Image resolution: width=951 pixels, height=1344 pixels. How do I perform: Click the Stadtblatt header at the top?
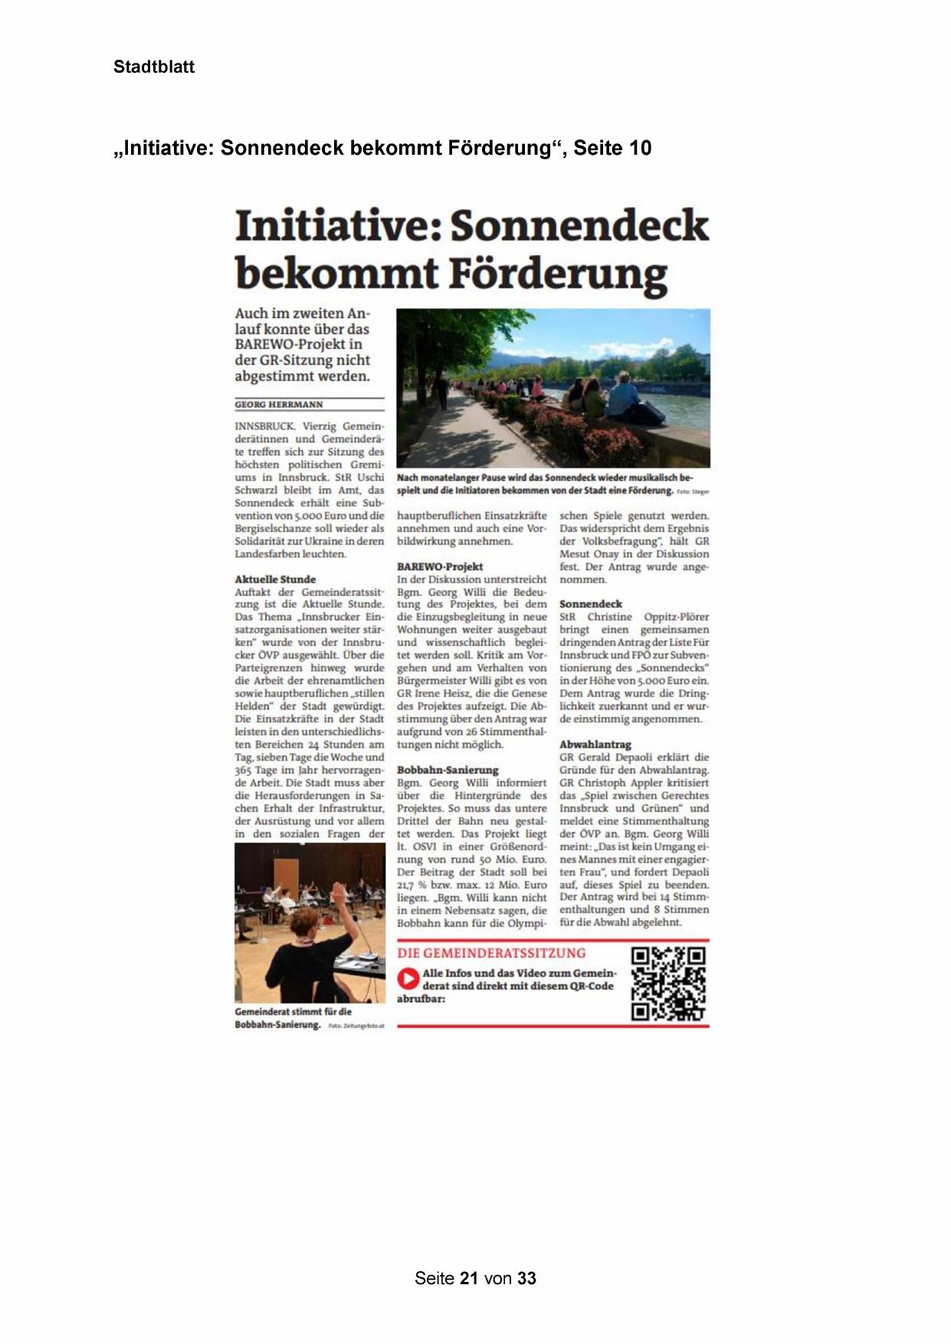[153, 67]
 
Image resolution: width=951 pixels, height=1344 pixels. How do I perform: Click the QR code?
[667, 984]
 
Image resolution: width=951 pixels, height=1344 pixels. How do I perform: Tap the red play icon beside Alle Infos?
[409, 978]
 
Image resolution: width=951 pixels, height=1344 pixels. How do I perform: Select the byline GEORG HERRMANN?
[279, 405]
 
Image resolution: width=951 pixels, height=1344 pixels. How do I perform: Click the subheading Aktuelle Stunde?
[275, 579]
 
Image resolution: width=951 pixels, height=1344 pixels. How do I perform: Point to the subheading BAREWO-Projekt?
[440, 566]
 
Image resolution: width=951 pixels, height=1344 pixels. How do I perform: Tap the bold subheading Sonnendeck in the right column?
[591, 604]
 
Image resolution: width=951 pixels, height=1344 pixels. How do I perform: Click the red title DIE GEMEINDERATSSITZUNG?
[491, 953]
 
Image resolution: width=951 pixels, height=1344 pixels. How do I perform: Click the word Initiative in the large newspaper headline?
[336, 225]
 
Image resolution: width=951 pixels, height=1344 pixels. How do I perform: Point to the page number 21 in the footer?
[470, 1278]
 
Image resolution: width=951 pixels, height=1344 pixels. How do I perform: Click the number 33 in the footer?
[526, 1278]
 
